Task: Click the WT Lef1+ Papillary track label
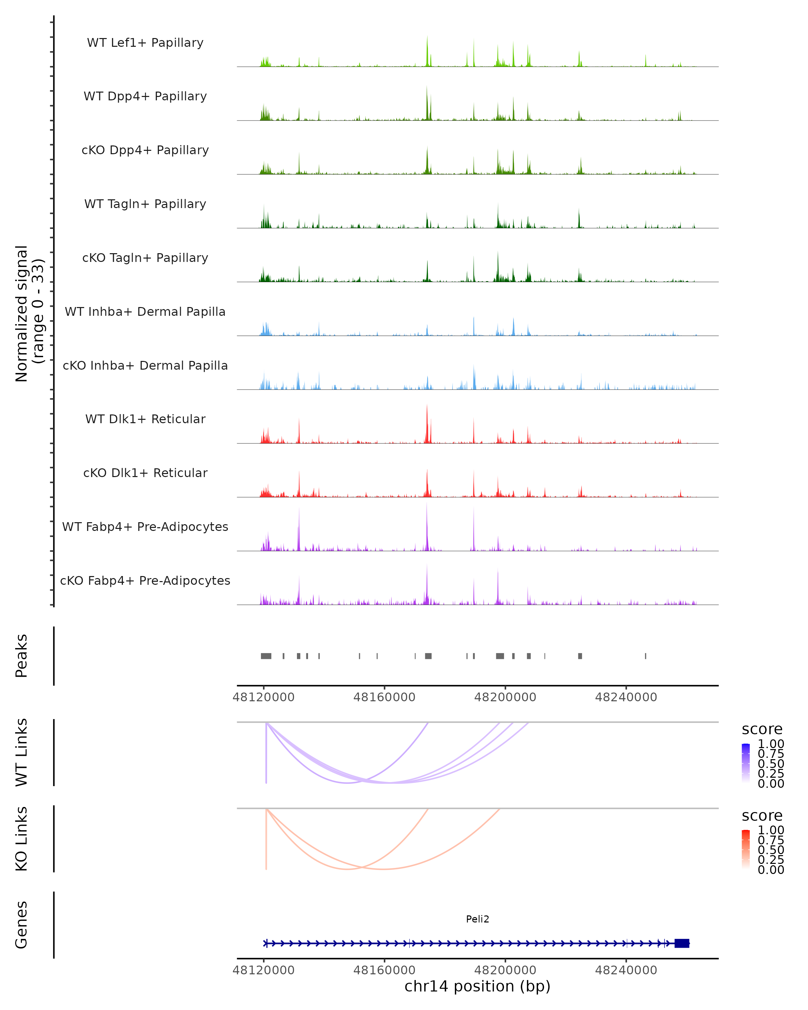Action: [145, 43]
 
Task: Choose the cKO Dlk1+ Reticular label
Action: [145, 473]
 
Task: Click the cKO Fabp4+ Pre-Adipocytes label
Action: [145, 580]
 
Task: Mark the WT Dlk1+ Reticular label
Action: [145, 419]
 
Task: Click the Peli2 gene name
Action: [477, 919]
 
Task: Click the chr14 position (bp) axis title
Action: [477, 986]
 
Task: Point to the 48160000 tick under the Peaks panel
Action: [384, 697]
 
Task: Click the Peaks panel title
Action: [22, 656]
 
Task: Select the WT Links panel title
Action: [22, 752]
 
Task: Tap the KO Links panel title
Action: [22, 839]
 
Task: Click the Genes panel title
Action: [22, 925]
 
